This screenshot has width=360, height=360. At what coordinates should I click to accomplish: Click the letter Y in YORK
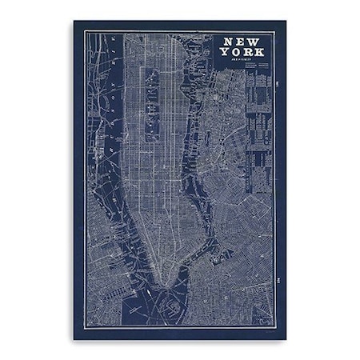(226, 51)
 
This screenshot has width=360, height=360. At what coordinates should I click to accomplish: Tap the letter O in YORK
(235, 51)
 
